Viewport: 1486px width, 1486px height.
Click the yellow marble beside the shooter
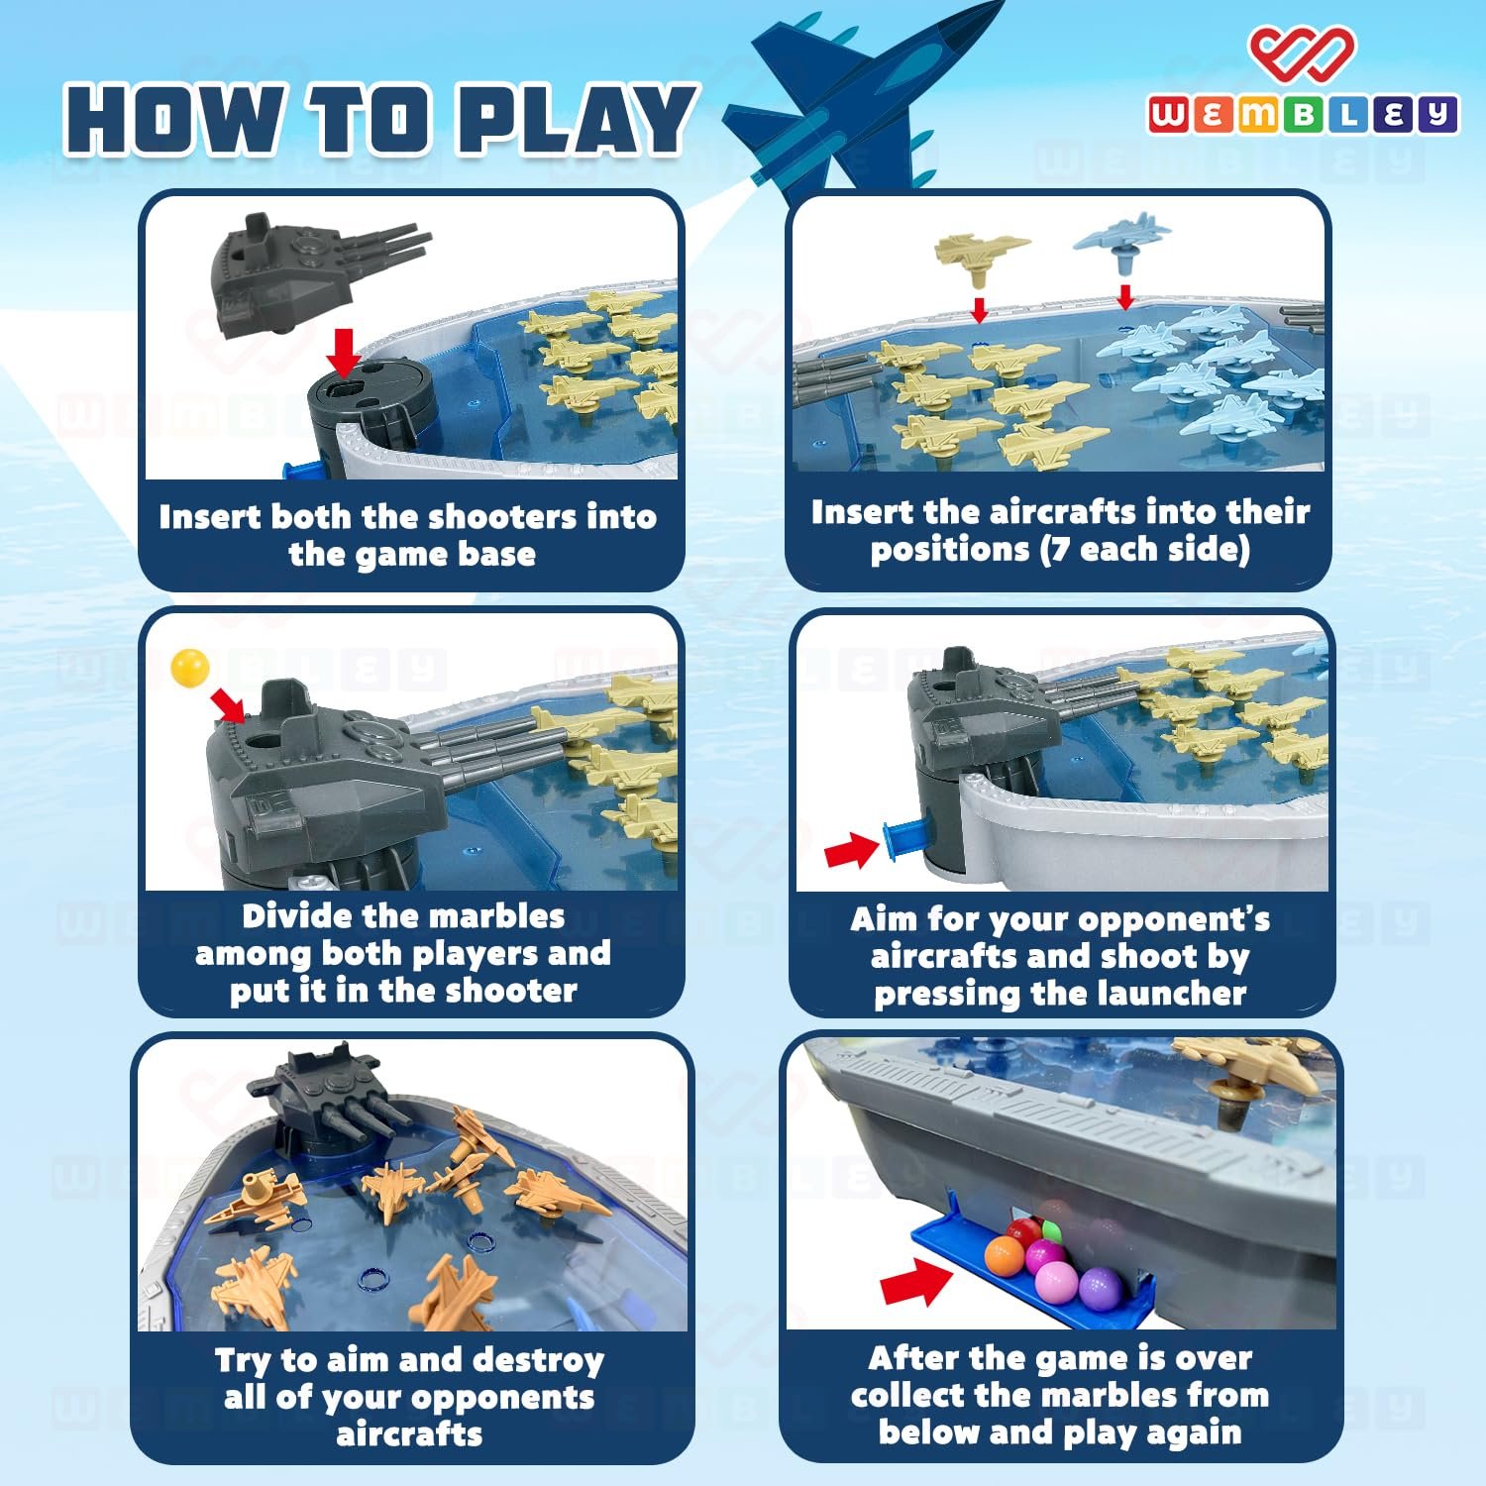point(190,667)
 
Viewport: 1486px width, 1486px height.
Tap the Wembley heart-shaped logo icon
point(1301,53)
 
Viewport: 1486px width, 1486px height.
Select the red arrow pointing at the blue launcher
point(852,850)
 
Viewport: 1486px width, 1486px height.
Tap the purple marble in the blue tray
point(1099,1290)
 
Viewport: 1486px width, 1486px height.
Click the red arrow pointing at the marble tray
point(915,1280)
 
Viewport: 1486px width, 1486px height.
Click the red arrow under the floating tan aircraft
point(980,309)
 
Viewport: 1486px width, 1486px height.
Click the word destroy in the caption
point(537,1360)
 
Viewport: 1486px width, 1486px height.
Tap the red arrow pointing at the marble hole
point(229,704)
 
